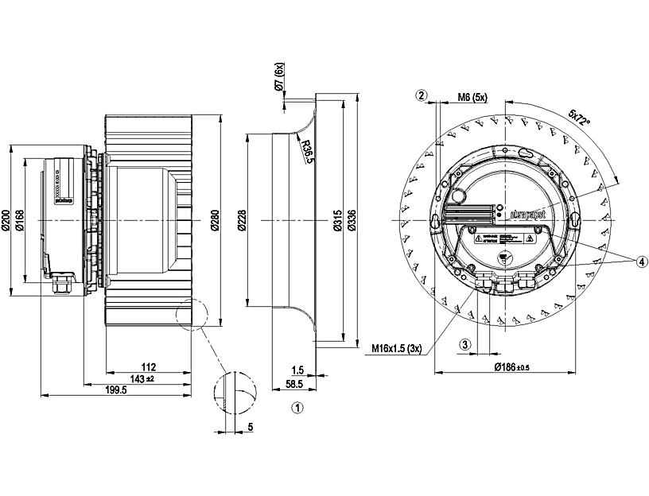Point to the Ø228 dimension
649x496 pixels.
242,221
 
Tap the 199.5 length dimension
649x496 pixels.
116,389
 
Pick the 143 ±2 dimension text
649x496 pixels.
144,378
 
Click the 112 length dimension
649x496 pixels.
148,367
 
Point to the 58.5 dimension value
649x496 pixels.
295,383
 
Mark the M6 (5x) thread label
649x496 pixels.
472,97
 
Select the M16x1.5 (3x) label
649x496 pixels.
397,347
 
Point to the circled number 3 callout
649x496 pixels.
466,345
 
